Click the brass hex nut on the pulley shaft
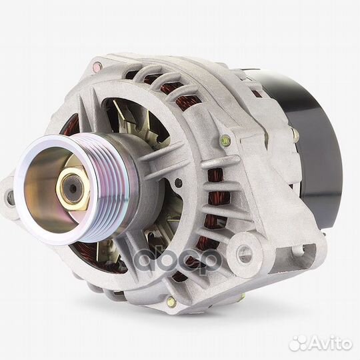click(x=73, y=188)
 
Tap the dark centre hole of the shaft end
click(x=73, y=189)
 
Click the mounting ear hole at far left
click(x=9, y=197)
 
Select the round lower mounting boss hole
click(x=244, y=251)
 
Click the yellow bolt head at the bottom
click(x=172, y=302)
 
